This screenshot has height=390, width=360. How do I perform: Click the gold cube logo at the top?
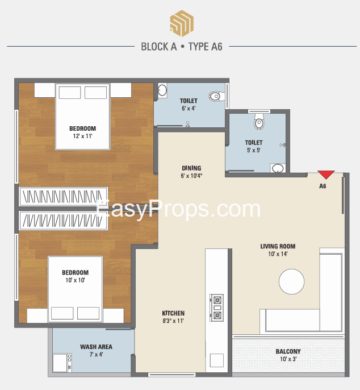tap(182, 23)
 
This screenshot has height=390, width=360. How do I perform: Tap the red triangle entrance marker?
tap(326, 175)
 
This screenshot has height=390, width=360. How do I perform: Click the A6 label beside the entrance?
tap(323, 186)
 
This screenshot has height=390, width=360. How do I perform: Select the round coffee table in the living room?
tap(291, 281)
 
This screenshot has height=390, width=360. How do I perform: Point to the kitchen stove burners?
tap(217, 308)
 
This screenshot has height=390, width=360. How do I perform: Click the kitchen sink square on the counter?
tap(217, 360)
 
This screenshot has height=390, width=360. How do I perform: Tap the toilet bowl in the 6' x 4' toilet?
tap(216, 96)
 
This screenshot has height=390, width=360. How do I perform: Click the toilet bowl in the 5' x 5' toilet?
tap(259, 122)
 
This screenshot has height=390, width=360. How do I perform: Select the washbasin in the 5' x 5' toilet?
tap(278, 168)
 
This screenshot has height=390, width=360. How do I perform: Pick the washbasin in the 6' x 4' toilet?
tap(162, 90)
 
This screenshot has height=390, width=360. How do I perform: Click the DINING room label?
tap(191, 168)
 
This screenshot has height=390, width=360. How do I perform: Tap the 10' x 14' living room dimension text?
tap(278, 254)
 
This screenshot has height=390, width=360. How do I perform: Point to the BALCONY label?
tap(288, 351)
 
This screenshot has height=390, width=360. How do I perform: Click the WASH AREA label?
tap(96, 347)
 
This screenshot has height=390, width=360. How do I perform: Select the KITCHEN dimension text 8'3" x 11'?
tap(173, 321)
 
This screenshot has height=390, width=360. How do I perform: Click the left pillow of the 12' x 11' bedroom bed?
tap(70, 93)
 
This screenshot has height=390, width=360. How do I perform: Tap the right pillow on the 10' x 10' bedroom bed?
tap(88, 313)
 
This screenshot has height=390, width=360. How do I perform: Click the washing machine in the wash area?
tap(62, 363)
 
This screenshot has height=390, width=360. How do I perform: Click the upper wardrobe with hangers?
tap(64, 197)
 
